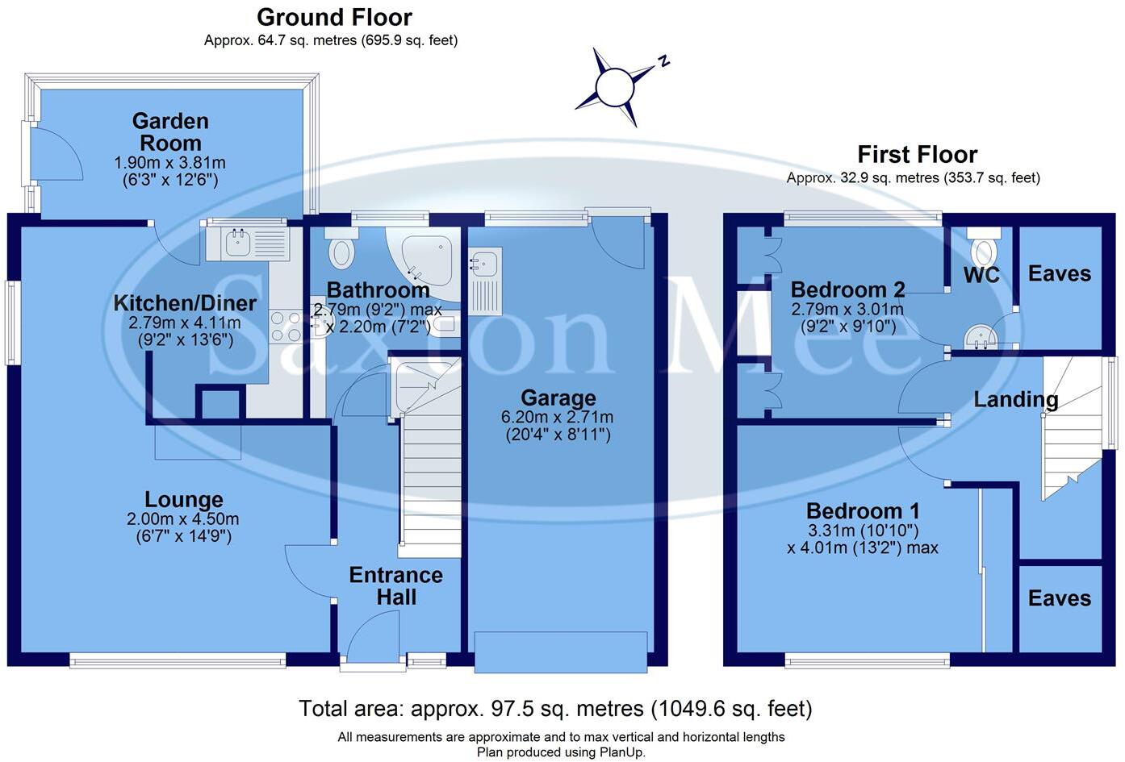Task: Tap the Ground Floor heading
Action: point(334,17)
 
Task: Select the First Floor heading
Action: point(917,154)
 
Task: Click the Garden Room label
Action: point(170,132)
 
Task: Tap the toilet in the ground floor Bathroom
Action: point(341,251)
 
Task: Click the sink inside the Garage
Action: point(485,264)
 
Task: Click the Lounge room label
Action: point(184,499)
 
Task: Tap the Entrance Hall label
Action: point(395,586)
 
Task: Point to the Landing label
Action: point(1015,399)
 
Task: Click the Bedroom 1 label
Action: point(863,510)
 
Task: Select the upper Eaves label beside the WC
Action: point(1059,273)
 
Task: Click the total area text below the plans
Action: point(555,709)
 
